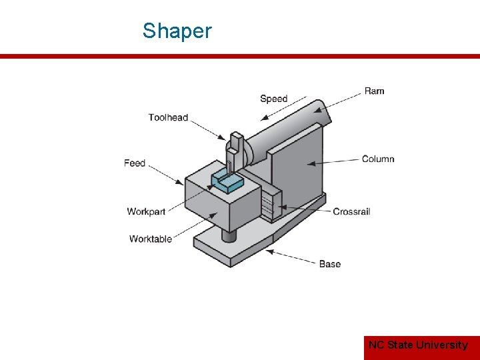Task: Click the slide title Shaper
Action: tap(177, 31)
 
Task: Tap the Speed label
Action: tap(273, 99)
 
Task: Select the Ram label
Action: tap(374, 91)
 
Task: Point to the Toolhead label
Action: tap(168, 117)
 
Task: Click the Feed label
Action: tap(135, 163)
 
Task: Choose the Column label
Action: tap(378, 159)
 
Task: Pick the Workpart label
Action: tap(146, 211)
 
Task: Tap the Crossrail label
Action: tap(351, 211)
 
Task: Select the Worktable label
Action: tap(151, 239)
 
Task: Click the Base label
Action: tap(329, 264)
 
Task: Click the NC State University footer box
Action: tap(418, 345)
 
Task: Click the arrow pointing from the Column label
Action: tap(333, 161)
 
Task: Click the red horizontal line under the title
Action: tap(240, 57)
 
